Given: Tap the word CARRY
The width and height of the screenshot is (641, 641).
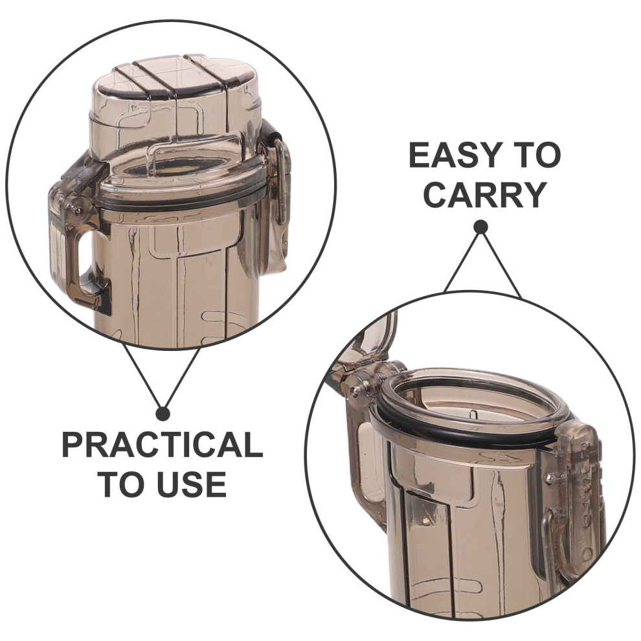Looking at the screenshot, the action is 485,195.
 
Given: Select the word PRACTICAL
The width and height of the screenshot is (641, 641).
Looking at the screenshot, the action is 163,445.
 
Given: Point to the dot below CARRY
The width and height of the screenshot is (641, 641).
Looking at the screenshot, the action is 480,227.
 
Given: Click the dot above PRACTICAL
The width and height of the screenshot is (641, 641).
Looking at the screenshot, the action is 163,414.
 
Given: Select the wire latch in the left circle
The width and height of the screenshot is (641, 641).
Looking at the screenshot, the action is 281,182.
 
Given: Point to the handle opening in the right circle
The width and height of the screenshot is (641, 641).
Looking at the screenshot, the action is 370,462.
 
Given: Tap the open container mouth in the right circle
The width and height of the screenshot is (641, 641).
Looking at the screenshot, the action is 470,405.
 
